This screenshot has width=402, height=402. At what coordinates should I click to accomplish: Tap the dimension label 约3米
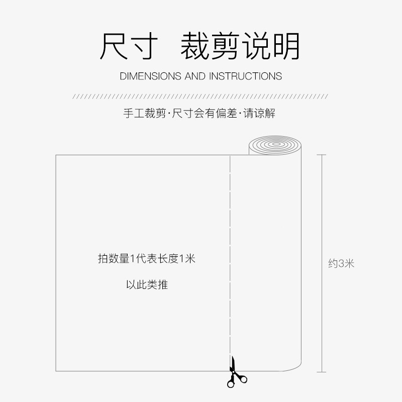point(341,263)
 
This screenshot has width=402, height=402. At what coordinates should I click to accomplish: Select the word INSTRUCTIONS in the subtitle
point(245,76)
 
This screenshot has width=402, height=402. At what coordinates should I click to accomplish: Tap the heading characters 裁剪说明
point(240,46)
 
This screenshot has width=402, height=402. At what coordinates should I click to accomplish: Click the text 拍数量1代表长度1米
point(146,259)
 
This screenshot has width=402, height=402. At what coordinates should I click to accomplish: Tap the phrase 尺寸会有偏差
point(205,114)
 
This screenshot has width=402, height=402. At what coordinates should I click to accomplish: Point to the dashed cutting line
point(230,251)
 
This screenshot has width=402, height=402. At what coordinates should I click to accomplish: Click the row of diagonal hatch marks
point(201,95)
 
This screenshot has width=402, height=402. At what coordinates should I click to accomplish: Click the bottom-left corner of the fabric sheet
point(56,371)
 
